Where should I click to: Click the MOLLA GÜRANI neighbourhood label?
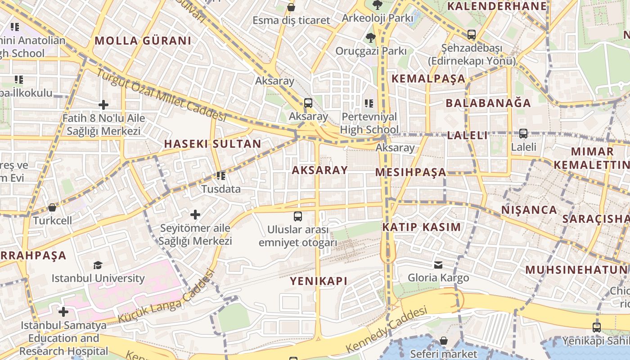tap(143, 40)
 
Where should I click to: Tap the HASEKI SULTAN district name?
tap(212, 144)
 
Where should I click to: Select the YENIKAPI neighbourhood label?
tap(319, 281)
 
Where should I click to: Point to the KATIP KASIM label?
tap(422, 227)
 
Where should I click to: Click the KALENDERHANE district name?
tap(497, 6)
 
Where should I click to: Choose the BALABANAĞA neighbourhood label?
tap(488, 103)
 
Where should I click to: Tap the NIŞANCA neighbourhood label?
tap(529, 210)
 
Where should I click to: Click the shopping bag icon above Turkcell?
tap(52, 207)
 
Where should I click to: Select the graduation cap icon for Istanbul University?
tap(98, 265)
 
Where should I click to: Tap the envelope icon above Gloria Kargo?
tap(438, 265)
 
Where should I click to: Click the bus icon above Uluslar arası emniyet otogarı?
tap(297, 216)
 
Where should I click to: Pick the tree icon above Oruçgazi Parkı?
tap(370, 37)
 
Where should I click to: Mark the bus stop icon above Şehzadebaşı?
tap(471, 34)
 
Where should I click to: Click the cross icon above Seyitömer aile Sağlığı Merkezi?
tap(195, 215)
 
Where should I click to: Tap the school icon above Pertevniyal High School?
tap(369, 103)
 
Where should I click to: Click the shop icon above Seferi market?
tap(444, 341)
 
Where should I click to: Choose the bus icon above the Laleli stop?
tap(523, 134)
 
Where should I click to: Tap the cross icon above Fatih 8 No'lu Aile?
tap(103, 105)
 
